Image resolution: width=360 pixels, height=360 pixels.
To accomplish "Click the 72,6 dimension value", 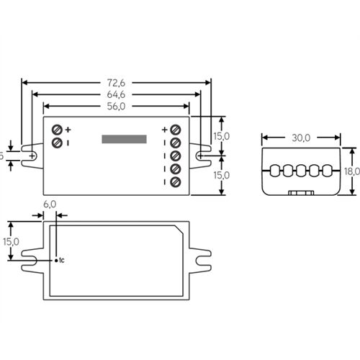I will pos(118,83).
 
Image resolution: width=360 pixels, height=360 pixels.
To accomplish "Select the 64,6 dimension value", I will pos(118,94).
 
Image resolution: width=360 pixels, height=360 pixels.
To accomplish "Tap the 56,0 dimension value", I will pos(118,106).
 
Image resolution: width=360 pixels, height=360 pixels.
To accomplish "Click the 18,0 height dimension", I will pos(353,171).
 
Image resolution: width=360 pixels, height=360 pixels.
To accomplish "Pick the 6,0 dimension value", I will pos(50,204).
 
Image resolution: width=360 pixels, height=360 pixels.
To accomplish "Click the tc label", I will pos(61,259).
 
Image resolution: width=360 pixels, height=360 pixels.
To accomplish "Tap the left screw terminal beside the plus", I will pos(58,130).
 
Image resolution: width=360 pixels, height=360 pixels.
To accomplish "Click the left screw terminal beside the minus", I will pos(58,143).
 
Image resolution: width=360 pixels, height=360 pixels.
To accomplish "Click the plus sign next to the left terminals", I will pos(68,130).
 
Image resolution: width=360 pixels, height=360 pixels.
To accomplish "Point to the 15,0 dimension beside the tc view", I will pos(10,242).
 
